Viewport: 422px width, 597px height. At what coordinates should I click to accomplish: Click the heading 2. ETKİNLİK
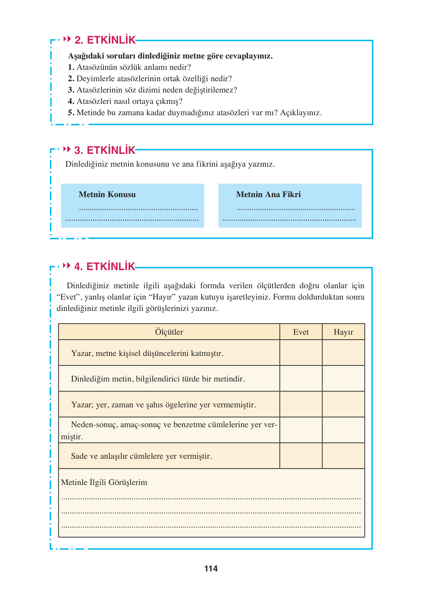[105, 40]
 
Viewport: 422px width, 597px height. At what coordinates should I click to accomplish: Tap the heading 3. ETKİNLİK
[105, 150]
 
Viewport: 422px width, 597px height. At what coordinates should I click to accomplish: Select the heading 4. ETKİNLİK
[105, 267]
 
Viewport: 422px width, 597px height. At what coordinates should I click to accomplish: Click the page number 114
[211, 569]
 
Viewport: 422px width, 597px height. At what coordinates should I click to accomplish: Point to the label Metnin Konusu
[107, 194]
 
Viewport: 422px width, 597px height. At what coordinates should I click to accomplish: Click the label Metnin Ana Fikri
[268, 194]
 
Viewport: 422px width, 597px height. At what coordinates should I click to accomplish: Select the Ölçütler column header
[169, 332]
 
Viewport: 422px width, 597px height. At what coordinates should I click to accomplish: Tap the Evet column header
[301, 332]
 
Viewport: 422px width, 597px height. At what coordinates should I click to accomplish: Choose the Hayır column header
[343, 332]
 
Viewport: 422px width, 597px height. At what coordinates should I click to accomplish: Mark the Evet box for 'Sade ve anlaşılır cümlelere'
[301, 456]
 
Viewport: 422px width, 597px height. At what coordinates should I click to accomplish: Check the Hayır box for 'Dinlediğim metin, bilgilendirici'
[343, 379]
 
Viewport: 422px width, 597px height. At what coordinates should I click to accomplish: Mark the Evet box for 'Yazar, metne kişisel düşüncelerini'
[301, 353]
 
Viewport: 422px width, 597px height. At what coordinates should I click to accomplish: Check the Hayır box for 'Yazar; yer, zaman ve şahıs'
[343, 404]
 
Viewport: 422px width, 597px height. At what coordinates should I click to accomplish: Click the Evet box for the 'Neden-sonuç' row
[301, 430]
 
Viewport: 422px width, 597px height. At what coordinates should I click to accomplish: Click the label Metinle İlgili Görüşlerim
[104, 482]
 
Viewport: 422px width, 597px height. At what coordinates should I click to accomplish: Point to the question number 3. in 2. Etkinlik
[71, 90]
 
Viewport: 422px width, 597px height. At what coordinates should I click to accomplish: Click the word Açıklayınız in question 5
[300, 113]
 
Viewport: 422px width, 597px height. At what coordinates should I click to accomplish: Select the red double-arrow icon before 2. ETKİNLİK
[67, 39]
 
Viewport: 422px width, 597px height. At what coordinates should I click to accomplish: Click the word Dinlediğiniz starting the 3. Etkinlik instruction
[86, 164]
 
